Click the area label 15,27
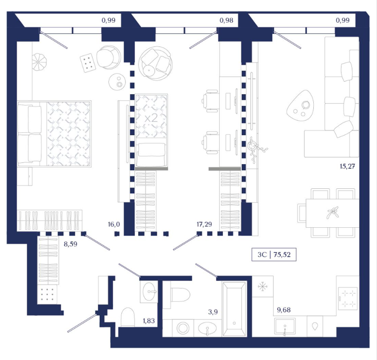[348, 166]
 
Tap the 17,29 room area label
[204, 224]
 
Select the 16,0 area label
[114, 224]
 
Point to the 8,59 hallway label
[70, 244]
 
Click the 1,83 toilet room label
[149, 320]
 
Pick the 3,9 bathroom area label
[213, 312]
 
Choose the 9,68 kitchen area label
[284, 310]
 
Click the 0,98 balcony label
[226, 20]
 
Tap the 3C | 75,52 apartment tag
[274, 255]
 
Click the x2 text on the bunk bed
[152, 118]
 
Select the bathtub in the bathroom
[234, 309]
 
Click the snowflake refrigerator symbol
[262, 286]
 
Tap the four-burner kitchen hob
[348, 299]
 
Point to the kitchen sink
[285, 326]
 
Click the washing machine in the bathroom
[183, 328]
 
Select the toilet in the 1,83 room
[128, 317]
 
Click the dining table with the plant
[332, 213]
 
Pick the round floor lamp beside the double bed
[38, 62]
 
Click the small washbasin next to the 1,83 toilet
[148, 291]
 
